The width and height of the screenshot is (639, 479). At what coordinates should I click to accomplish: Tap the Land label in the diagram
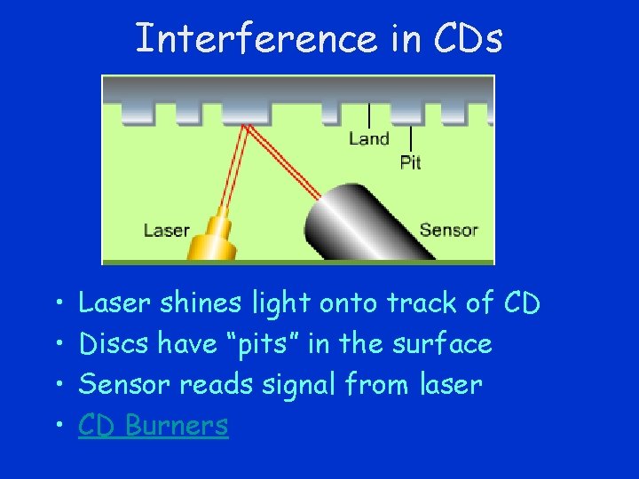coord(368,138)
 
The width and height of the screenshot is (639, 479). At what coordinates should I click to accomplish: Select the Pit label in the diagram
coord(410,162)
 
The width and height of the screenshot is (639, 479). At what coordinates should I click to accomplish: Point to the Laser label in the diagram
coord(167,232)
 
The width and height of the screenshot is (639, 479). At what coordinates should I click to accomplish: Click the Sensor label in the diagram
coord(448,231)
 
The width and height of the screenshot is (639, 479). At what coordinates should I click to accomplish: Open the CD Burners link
coord(153,426)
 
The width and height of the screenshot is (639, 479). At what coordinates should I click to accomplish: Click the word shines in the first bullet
coord(201,303)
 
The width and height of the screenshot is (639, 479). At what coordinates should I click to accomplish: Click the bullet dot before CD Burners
coord(56,427)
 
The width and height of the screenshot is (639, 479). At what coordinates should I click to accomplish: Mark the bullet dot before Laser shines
coord(56,304)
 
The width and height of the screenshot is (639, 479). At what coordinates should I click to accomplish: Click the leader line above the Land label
coord(369,115)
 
